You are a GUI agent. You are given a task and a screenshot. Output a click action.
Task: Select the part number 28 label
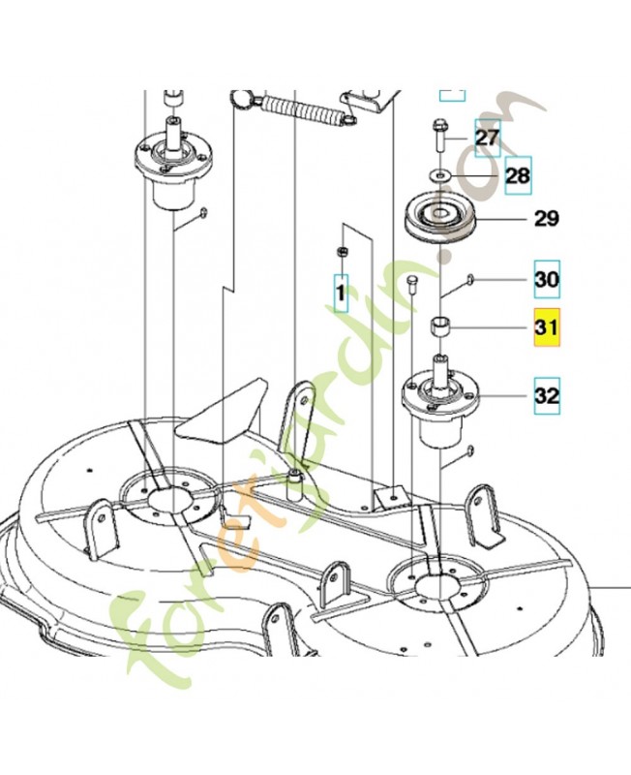click(x=518, y=175)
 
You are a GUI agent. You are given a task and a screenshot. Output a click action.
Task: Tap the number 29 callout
click(x=546, y=219)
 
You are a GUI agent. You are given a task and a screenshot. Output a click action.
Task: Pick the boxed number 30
click(x=546, y=280)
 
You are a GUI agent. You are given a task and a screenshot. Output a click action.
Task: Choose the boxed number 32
click(x=546, y=395)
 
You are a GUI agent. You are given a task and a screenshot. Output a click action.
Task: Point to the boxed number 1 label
click(x=341, y=290)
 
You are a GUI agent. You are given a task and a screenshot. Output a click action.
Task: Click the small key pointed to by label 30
click(x=468, y=280)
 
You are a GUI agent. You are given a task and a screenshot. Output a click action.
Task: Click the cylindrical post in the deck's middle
click(x=293, y=482)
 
